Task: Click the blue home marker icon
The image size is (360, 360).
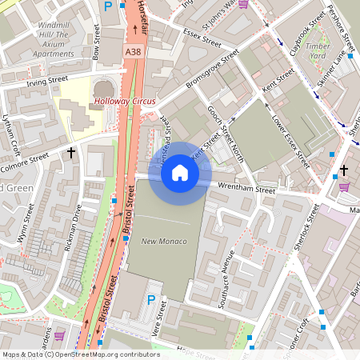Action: point(180,173)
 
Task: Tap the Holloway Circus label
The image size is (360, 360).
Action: point(124,102)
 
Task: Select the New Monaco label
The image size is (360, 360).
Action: point(164,241)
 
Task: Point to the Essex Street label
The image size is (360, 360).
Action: point(201,36)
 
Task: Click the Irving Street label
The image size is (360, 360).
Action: point(49,81)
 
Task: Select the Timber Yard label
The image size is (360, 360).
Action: point(318,51)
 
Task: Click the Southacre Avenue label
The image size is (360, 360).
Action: point(226,280)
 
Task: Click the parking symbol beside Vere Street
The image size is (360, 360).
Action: point(150,300)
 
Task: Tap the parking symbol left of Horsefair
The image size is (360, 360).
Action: point(108,6)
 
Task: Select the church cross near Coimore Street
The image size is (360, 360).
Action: point(71,152)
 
